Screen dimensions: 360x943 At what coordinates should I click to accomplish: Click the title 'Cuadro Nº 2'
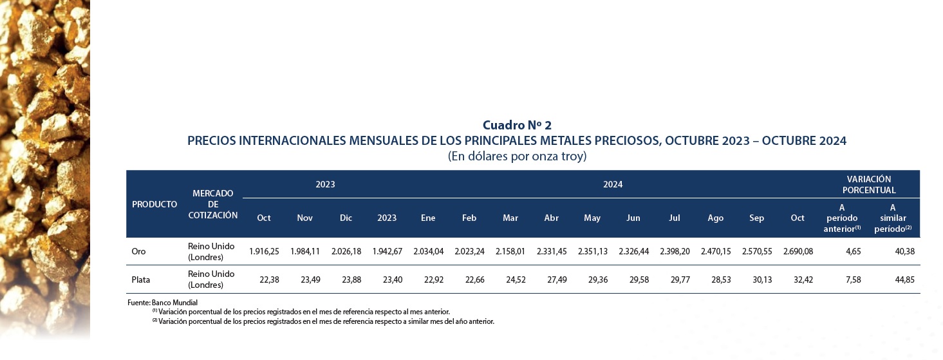[517, 125]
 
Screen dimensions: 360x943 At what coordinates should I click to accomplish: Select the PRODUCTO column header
[154, 204]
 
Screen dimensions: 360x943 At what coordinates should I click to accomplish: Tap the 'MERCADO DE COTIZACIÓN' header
[213, 204]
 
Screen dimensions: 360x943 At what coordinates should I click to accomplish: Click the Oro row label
[138, 252]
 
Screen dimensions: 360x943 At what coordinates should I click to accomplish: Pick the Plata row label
[141, 279]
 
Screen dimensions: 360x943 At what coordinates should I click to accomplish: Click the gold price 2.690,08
[798, 252]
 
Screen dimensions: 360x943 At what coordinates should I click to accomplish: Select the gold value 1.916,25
[264, 252]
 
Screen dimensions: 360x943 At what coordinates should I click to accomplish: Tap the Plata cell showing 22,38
[269, 279]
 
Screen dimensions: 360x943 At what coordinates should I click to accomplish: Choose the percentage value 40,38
[904, 252]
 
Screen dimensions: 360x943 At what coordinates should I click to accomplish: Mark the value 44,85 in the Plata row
[904, 279]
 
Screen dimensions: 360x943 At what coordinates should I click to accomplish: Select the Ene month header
[428, 218]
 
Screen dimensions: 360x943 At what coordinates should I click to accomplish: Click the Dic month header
[346, 218]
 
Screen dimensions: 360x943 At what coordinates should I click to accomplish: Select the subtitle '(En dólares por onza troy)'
[517, 156]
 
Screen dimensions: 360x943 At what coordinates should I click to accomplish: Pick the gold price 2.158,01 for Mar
[510, 252]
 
